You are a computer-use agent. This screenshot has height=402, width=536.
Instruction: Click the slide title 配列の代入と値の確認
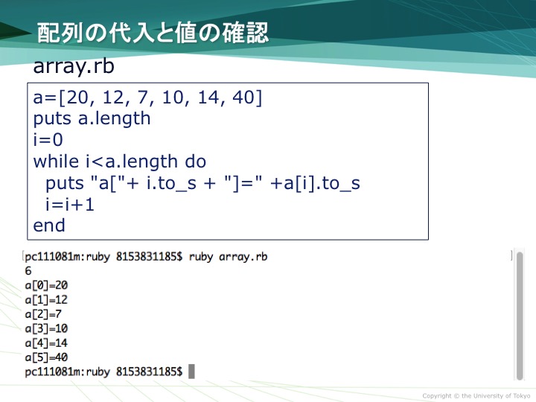153,33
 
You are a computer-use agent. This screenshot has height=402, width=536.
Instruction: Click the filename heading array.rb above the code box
74,66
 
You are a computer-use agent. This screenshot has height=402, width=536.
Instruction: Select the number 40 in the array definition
243,97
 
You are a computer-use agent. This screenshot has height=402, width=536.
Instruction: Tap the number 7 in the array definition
142,97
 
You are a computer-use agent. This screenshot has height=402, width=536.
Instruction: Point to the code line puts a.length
92,119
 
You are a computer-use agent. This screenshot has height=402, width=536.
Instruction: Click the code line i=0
48,140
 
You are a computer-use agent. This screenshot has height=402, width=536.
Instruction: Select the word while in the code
56,161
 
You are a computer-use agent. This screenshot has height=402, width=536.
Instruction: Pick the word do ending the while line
196,161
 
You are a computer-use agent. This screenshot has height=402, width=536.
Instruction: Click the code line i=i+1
70,205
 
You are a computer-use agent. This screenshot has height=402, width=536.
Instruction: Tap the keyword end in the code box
49,226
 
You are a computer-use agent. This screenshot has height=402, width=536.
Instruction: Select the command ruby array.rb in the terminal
228,257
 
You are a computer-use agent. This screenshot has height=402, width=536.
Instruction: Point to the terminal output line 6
28,271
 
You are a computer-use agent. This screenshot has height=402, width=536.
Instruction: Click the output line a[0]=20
46,285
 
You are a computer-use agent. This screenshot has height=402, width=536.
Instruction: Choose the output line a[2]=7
43,314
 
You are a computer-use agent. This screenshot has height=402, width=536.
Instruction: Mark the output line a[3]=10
46,328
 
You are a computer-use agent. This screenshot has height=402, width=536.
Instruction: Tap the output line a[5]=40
46,357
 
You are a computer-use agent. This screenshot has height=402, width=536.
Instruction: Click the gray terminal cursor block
191,371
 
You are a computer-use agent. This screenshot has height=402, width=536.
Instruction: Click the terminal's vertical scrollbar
520,316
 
